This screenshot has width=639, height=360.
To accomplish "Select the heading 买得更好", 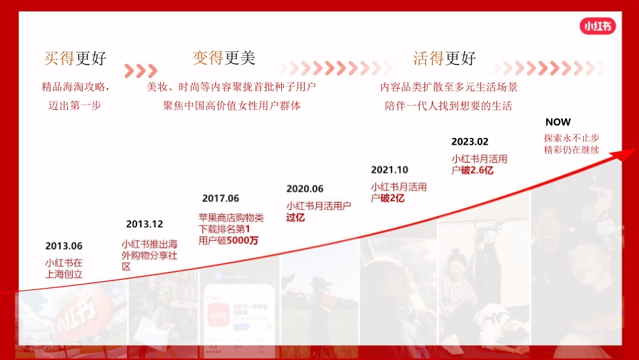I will point(75,59).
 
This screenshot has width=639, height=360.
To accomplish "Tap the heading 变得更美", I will point(224,59).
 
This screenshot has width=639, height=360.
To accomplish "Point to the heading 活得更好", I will point(444,59).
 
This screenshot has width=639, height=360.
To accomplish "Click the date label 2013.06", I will point(64,246).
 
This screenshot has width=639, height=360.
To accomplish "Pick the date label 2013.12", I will point(144,224).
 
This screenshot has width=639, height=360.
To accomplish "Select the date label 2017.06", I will point(221,199).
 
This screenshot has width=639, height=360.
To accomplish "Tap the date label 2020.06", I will point(305,189).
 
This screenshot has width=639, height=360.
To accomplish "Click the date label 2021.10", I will point(389,170).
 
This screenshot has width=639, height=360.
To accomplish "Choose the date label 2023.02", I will point(469,141).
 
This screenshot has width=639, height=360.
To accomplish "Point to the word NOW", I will point(558,122).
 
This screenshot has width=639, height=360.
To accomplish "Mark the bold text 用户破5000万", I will point(228,240).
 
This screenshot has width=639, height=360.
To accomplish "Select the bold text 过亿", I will point(295,217).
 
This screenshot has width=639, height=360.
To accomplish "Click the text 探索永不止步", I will point(571,137).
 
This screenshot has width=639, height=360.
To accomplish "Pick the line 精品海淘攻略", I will point(75,87).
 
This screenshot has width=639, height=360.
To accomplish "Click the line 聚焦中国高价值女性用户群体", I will point(232,106).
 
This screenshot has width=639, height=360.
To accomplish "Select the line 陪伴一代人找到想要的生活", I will point(448,106).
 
